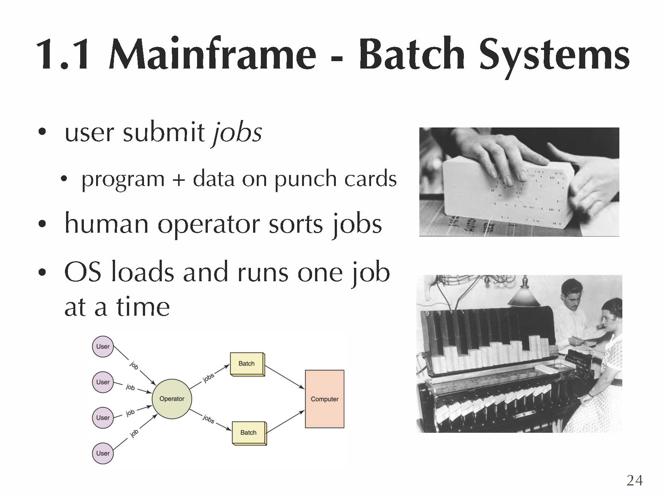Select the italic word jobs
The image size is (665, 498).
[237, 133]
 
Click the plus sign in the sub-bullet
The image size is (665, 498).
[178, 179]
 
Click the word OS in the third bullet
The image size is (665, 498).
[82, 272]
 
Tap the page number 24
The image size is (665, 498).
[634, 481]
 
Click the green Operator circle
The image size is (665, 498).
[172, 399]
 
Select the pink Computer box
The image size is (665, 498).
[324, 399]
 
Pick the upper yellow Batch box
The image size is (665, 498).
[247, 364]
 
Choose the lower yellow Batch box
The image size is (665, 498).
[249, 432]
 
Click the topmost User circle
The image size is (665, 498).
[103, 347]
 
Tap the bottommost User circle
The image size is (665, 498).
[103, 453]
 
